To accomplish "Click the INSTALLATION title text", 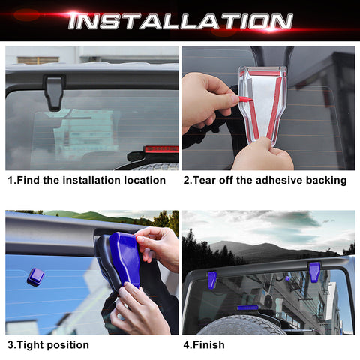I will coord(180,21).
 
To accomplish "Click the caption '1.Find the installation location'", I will coord(87,181).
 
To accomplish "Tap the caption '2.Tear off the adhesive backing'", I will coord(264,181).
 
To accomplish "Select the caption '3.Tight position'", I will coord(48,345).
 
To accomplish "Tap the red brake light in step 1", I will coord(160,149).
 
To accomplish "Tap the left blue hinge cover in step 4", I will coord(212,280).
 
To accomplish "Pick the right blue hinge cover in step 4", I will coord(314,271).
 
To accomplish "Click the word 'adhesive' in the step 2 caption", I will coord(272,181).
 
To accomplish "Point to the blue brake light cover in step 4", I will coord(247,307).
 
